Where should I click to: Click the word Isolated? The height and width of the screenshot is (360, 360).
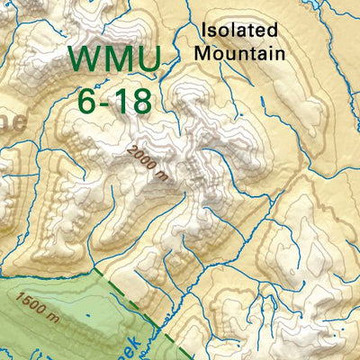click(x=239, y=31)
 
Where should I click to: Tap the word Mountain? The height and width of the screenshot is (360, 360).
click(x=240, y=53)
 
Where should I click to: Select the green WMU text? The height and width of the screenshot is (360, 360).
click(x=115, y=59)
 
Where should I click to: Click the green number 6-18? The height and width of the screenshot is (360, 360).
click(x=114, y=101)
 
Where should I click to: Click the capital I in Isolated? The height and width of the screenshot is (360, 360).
click(x=204, y=31)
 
